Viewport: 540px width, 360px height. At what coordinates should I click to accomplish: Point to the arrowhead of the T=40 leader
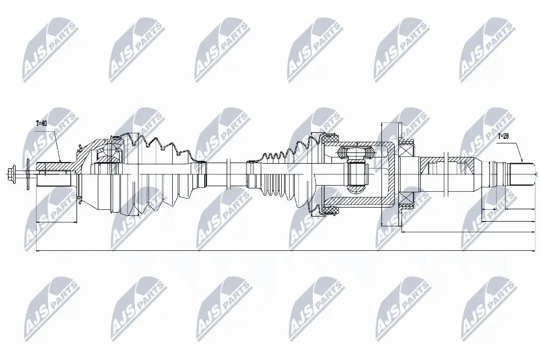point(61,163)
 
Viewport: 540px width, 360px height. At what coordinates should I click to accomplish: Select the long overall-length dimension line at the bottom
point(281,251)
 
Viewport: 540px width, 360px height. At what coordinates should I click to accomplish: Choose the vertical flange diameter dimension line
point(382,169)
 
